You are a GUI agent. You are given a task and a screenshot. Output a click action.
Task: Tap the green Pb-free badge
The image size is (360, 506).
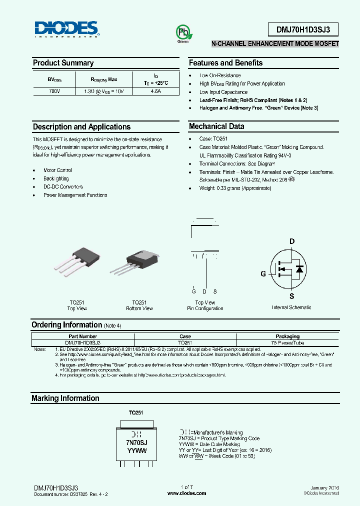(x=182, y=33)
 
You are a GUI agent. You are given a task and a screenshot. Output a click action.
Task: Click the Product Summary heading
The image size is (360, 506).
(x=63, y=63)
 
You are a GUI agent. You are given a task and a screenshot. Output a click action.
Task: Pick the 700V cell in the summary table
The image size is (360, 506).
(x=54, y=91)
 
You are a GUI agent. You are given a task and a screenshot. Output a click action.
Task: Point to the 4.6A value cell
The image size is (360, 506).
(x=155, y=91)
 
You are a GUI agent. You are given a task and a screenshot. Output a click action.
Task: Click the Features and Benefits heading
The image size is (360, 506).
(x=225, y=63)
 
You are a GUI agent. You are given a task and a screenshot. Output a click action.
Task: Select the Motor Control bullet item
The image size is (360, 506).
(x=57, y=170)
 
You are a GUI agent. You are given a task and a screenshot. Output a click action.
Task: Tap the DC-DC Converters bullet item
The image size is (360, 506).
(x=63, y=187)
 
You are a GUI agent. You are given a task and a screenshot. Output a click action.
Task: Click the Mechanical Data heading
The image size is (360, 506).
(x=216, y=126)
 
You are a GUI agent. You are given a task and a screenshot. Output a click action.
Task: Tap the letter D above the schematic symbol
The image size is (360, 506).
(x=292, y=241)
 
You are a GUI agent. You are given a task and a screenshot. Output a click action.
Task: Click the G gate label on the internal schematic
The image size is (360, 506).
(x=263, y=273)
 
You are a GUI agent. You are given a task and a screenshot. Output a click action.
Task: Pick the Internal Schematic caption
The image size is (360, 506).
(x=291, y=307)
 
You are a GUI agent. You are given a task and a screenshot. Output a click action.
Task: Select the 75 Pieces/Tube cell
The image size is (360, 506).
(x=287, y=343)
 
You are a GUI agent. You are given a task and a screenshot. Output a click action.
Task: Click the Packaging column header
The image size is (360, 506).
(x=287, y=336)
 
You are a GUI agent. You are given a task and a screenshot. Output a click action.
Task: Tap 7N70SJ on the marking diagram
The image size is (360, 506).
(x=136, y=443)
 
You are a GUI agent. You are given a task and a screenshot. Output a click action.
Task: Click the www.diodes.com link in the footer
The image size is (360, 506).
(x=186, y=493)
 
